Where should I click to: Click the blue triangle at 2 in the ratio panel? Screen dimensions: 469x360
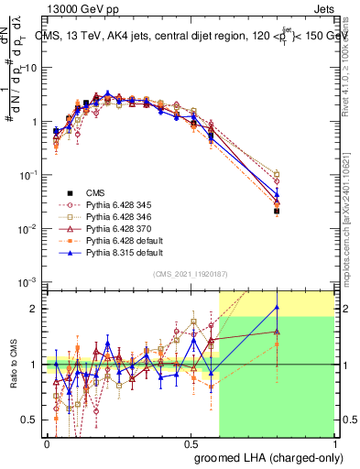[276, 307]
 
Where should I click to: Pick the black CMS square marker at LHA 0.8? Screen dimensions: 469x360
[276, 211]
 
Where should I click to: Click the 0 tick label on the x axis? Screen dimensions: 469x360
[46, 442]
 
